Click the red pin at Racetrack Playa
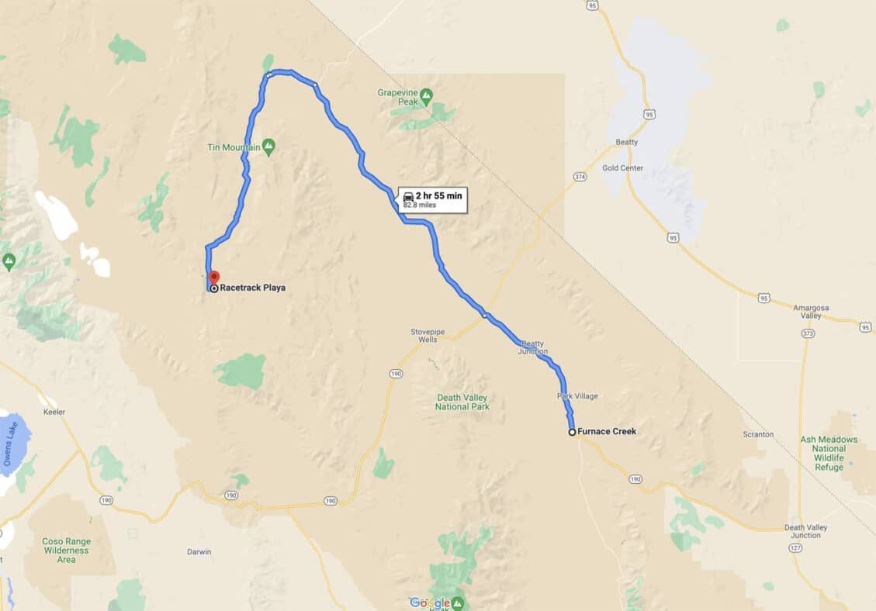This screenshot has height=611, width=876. click(x=214, y=277)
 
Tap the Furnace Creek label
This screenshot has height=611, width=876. click(x=608, y=432)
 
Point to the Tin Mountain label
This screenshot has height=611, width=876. click(x=234, y=147)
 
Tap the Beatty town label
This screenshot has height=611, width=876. click(x=626, y=142)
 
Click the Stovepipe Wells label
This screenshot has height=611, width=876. click(x=428, y=336)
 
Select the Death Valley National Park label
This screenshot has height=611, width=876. click(x=462, y=402)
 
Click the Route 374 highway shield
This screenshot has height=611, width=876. click(x=580, y=177)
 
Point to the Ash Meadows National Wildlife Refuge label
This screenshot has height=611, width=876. click(x=829, y=454)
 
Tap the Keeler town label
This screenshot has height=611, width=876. click(x=55, y=412)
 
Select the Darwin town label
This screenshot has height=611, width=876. click(x=199, y=553)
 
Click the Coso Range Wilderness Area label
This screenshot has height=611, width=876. click(x=67, y=551)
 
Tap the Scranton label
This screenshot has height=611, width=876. click(x=758, y=434)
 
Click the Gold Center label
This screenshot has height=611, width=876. click(x=622, y=168)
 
